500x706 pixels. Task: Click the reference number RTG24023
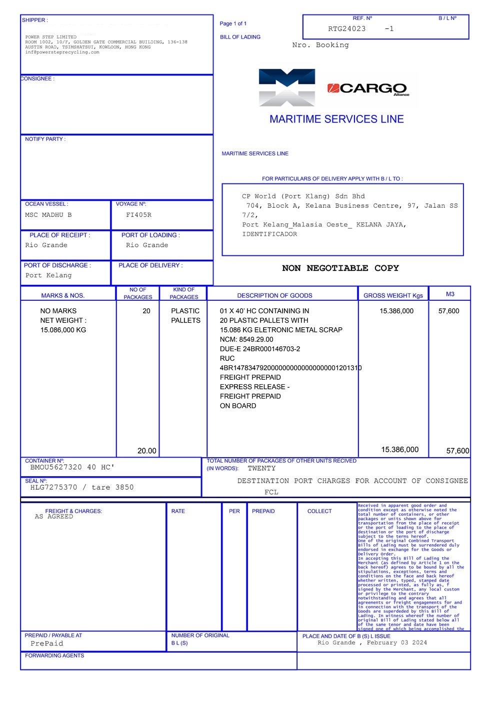347,29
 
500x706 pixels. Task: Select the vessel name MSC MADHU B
48,215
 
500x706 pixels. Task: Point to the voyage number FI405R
138,215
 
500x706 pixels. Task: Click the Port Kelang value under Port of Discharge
48,275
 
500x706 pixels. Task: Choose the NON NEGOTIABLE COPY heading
340,268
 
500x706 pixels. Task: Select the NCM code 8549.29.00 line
246,339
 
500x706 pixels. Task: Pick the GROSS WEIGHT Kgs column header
393,295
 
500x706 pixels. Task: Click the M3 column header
450,294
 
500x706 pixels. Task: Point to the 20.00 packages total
146,451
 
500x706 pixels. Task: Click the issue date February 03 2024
397,643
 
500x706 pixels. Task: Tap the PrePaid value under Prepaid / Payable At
47,644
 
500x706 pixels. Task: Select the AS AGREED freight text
54,517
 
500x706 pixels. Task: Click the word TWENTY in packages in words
261,469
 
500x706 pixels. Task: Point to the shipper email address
62,52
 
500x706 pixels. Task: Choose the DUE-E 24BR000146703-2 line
260,349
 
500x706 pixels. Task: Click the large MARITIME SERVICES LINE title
336,119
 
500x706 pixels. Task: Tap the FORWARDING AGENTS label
54,656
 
